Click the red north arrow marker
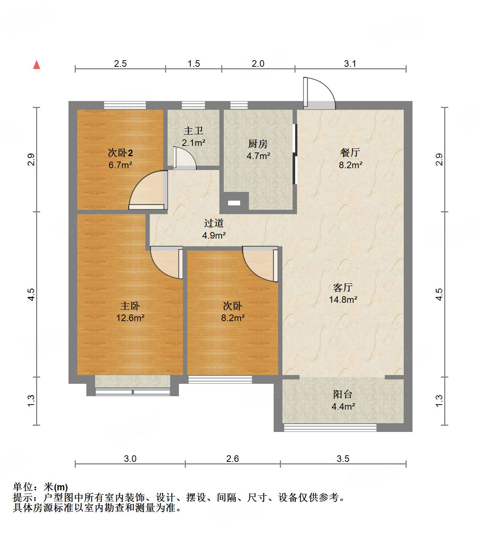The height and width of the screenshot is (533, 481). tap(36, 65)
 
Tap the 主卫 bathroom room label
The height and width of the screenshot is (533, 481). tap(193, 130)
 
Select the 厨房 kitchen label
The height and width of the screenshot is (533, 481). tap(258, 144)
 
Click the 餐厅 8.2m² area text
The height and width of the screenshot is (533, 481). tap(350, 165)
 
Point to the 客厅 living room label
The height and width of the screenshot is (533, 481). tap(343, 287)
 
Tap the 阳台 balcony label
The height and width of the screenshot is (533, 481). tap(343, 394)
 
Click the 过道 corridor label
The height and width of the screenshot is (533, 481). tap(214, 223)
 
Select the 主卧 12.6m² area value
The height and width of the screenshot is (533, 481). tap(130, 318)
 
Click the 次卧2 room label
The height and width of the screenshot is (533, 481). tap(118, 152)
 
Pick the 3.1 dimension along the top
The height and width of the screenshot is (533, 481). tap(350, 64)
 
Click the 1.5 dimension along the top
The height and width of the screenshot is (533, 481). tap(193, 64)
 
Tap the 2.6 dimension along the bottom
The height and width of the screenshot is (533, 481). tap(232, 459)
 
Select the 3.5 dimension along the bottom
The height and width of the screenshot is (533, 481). tap(343, 459)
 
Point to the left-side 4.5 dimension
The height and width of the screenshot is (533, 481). tap(31, 294)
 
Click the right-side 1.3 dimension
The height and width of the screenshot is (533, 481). tap(439, 401)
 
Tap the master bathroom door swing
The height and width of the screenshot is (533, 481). tap(184, 158)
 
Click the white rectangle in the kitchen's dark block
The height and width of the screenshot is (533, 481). tap(234, 203)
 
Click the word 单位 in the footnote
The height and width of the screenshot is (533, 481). tap(23, 487)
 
